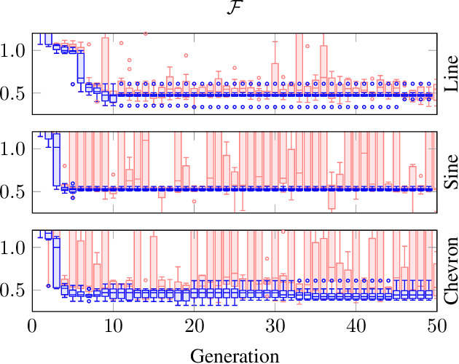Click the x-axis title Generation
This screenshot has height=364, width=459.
pyautogui.click(x=235, y=355)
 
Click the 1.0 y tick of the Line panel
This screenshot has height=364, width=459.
pyautogui.click(x=15, y=51)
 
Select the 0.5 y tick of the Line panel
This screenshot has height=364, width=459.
pyautogui.click(x=15, y=94)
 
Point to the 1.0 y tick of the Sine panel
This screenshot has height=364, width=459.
pyautogui.click(x=15, y=149)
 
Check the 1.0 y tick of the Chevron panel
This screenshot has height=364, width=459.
pyautogui.click(x=15, y=248)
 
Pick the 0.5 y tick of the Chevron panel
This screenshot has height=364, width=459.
pyautogui.click(x=15, y=290)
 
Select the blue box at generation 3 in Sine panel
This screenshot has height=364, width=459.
pyautogui.click(x=56, y=159)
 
